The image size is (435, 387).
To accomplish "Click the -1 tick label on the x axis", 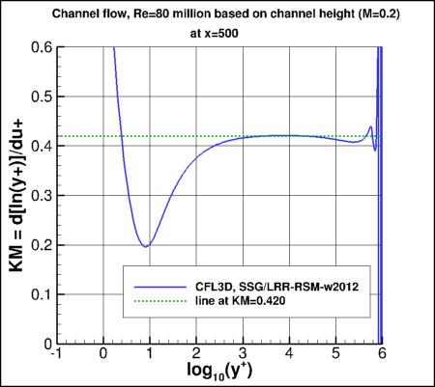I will (56, 354).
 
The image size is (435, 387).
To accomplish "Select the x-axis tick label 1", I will (150, 354).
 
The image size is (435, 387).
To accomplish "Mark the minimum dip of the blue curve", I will (146, 246).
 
